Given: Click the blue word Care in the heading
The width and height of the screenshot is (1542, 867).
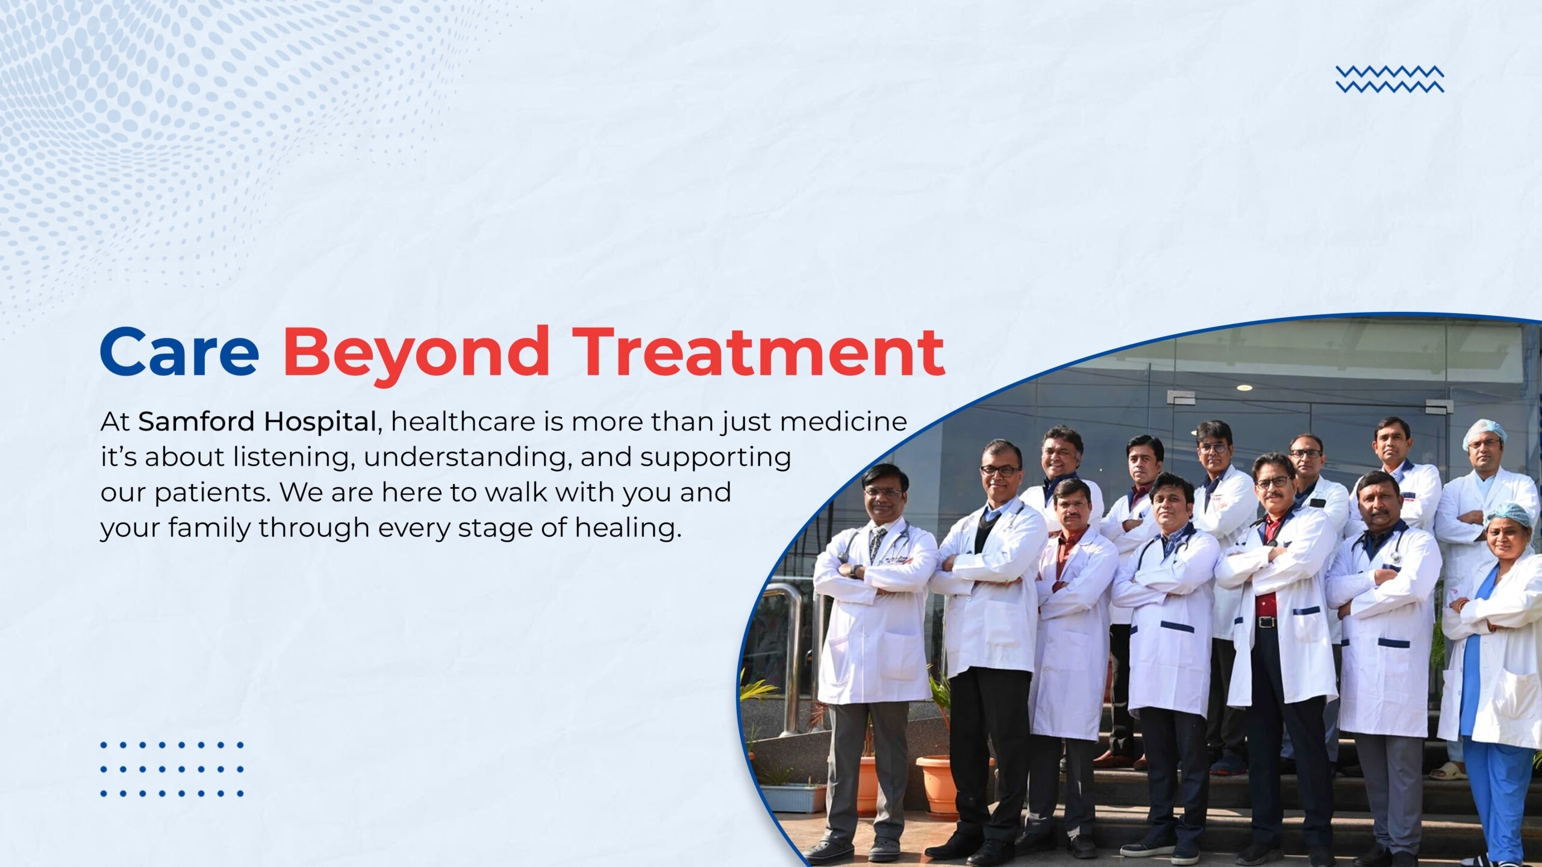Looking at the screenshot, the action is coord(179,352).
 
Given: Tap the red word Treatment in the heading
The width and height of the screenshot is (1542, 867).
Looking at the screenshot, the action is coord(758,352).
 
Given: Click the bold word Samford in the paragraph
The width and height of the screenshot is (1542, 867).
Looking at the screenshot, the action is coord(196,421).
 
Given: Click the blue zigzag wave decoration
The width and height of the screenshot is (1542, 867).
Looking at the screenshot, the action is coord(1390,79).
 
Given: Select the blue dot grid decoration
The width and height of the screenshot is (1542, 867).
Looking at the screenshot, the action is coord(172,769).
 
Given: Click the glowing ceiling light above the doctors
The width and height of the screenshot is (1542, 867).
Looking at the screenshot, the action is coord(1244,388).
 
